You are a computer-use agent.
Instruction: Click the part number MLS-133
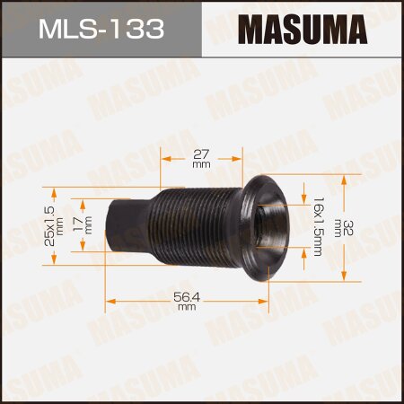click(101, 29)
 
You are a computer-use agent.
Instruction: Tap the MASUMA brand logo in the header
click(303, 29)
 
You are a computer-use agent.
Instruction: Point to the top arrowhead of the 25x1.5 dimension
click(54, 191)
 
